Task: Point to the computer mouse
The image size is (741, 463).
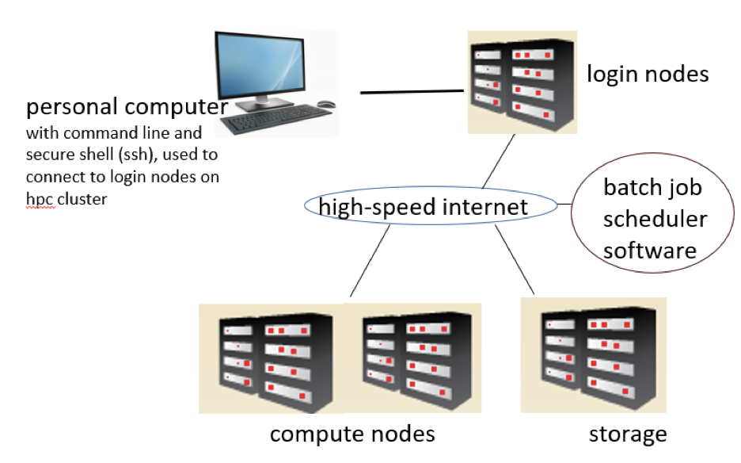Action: pyautogui.click(x=325, y=104)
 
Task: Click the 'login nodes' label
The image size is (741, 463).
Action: pyautogui.click(x=647, y=75)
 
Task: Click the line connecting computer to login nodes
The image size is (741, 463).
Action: pyautogui.click(x=412, y=92)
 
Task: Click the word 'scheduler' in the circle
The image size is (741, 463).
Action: pyautogui.click(x=655, y=219)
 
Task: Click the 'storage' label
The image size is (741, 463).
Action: pyautogui.click(x=628, y=434)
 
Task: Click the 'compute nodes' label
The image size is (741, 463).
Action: pyautogui.click(x=352, y=434)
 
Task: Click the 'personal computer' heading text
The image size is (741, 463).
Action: pyautogui.click(x=127, y=107)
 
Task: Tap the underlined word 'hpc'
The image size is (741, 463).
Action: pyautogui.click(x=40, y=198)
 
